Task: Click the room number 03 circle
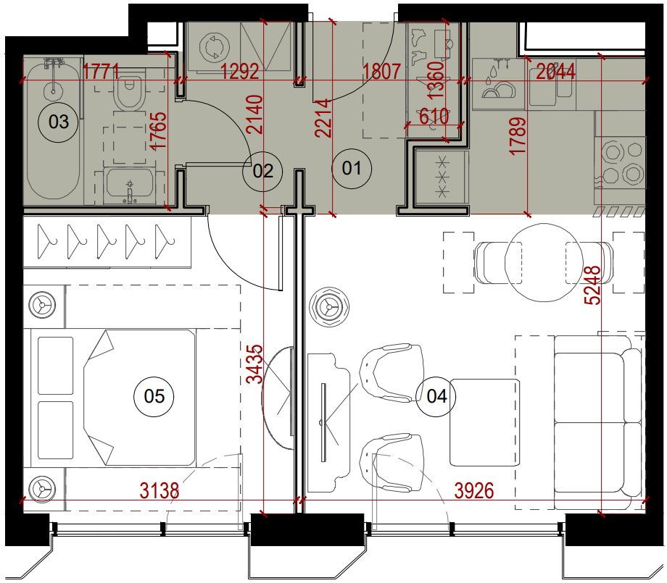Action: [x=59, y=122]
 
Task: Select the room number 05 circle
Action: [x=154, y=396]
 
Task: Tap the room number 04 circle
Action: [x=436, y=396]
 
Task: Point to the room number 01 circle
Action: [x=352, y=169]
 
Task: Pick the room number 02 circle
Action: [x=262, y=171]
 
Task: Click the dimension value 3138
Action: [x=159, y=491]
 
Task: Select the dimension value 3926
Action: [x=474, y=491]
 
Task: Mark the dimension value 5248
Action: [x=592, y=285]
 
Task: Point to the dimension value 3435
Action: [x=255, y=364]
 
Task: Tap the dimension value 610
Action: [x=434, y=116]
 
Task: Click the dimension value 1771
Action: [x=101, y=72]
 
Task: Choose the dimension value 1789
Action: [x=518, y=137]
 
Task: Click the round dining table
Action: [x=544, y=263]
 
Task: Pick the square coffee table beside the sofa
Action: [x=485, y=422]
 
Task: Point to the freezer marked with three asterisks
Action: [x=442, y=176]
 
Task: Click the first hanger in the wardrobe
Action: [x=46, y=241]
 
